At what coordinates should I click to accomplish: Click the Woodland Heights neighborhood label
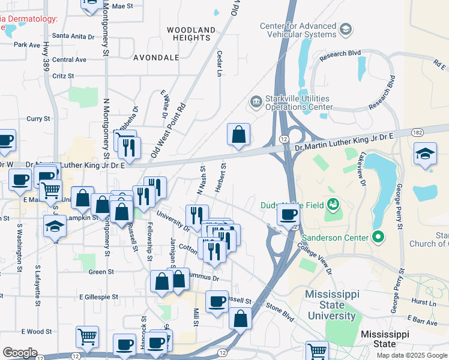pyautogui.click(x=191, y=34)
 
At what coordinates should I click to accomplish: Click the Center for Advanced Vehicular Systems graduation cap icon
pyautogui.click(x=345, y=29)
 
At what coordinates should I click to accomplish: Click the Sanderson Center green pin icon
pyautogui.click(x=378, y=238)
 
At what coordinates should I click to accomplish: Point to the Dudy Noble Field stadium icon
pyautogui.click(x=332, y=205)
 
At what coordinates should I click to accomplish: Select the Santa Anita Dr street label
pyautogui.click(x=74, y=36)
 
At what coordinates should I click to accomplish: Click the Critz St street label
pyautogui.click(x=63, y=76)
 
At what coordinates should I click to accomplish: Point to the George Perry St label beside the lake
pyautogui.click(x=398, y=205)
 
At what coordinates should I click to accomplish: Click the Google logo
pyautogui.click(x=20, y=352)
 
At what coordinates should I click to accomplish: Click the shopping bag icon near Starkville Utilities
pyautogui.click(x=238, y=135)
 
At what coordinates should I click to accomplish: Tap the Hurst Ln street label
pyautogui.click(x=424, y=303)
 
